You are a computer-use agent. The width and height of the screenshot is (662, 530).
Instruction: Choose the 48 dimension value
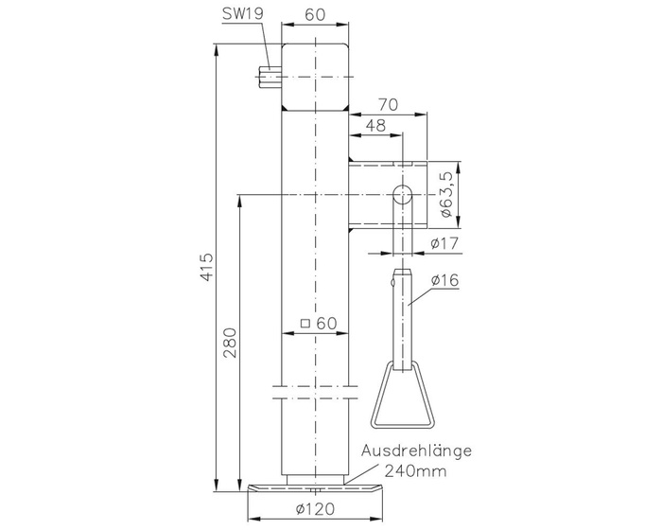[375, 125]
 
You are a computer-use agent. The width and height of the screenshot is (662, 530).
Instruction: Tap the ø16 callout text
[444, 280]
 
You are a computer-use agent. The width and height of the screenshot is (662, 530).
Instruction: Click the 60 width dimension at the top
[315, 16]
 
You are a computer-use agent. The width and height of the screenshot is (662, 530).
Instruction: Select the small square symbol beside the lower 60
[305, 324]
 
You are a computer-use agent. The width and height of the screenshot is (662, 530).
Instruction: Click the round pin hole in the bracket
[402, 195]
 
